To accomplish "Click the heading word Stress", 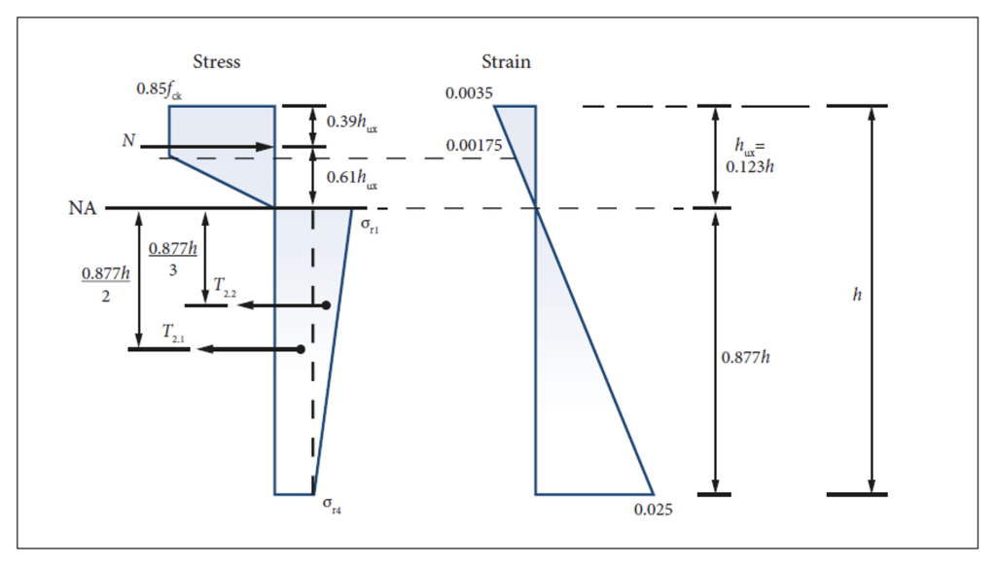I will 216,62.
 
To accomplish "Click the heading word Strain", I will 507,62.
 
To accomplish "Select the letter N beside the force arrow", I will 128,141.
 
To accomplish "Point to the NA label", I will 83,207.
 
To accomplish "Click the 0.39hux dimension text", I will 352,124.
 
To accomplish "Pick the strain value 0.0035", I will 470,94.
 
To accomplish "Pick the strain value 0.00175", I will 474,146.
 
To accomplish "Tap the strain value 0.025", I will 653,509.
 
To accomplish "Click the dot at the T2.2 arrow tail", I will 327,305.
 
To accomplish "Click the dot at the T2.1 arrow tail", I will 301,348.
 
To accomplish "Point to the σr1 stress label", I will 368,225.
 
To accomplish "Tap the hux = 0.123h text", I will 755,155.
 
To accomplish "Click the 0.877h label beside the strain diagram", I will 745,357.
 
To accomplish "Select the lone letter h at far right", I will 857,294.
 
